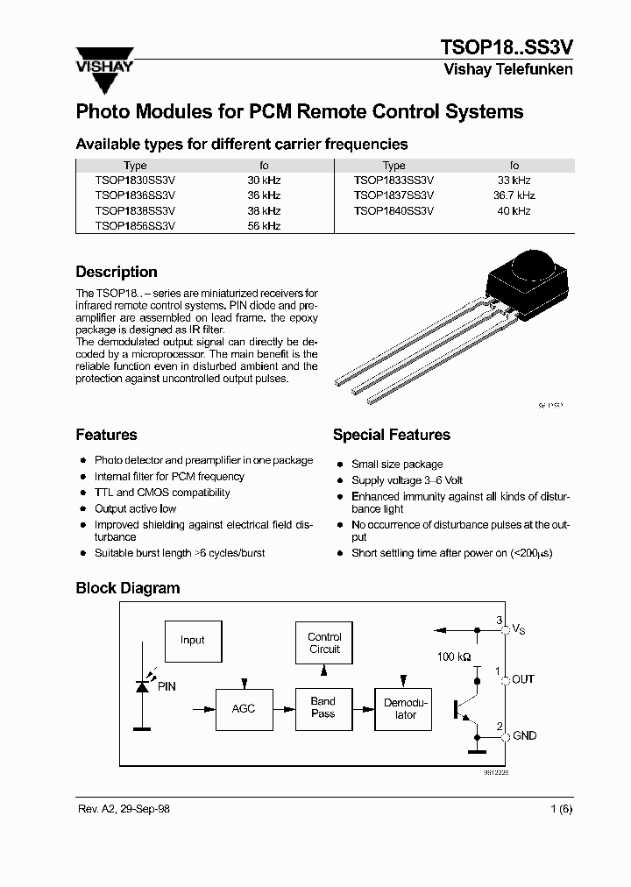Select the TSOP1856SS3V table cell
tap(135, 226)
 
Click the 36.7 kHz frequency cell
tap(514, 195)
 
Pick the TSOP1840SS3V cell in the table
tap(393, 211)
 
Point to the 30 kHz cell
tap(264, 181)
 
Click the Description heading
tap(117, 272)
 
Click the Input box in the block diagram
tap(192, 640)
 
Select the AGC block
tap(244, 708)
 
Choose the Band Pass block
tap(323, 708)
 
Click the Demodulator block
tap(406, 708)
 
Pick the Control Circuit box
tap(324, 643)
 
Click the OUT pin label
tap(523, 679)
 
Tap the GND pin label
tap(523, 736)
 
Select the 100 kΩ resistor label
tap(453, 656)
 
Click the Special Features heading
tap(391, 435)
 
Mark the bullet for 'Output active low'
tap(83, 508)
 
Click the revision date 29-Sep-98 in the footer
tap(140, 809)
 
